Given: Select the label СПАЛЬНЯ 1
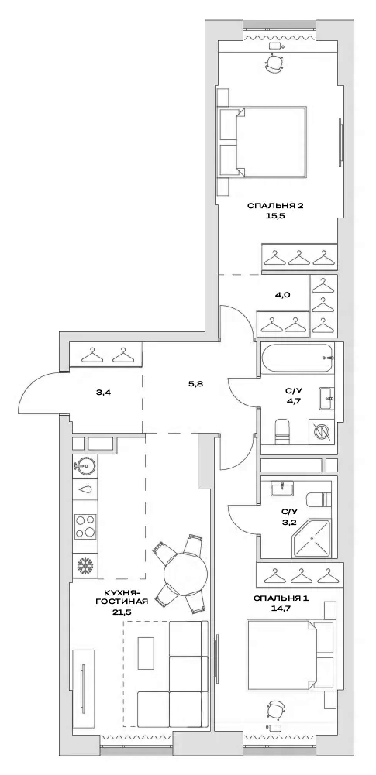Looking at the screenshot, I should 275,598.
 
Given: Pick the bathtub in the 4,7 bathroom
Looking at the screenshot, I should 297,358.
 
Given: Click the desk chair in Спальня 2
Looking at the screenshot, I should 275,63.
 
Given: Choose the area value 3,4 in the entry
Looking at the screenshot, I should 103,393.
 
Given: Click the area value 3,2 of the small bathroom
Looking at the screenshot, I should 288,523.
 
